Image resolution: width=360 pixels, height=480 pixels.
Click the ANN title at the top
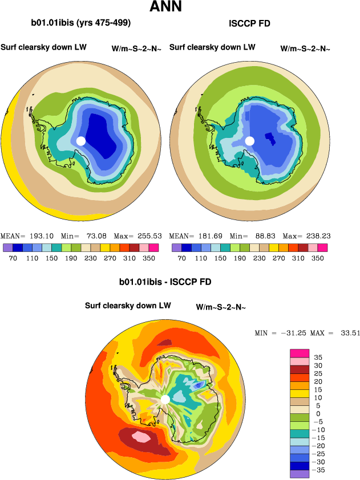(167, 7)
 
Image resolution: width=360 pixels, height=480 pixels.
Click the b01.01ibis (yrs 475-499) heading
(81, 23)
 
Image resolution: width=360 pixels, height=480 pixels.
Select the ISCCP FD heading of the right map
(249, 24)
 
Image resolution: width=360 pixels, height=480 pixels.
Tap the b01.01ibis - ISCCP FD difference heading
(165, 282)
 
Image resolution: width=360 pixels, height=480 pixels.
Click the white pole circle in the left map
(81, 140)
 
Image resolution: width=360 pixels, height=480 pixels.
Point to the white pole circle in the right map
(249, 140)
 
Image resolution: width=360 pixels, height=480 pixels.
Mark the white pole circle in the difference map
(165, 399)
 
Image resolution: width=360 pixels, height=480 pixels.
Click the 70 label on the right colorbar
(181, 258)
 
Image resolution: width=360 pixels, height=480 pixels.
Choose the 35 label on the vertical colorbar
(318, 357)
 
